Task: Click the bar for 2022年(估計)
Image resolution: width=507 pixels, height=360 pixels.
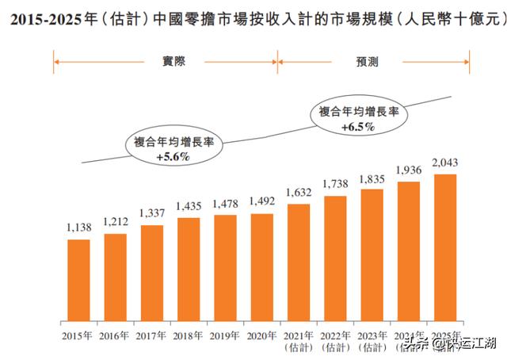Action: pyautogui.click(x=336, y=257)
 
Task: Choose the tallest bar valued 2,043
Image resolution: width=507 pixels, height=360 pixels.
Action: pyautogui.click(x=446, y=246)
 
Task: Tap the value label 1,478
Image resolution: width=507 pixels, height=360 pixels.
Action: pyautogui.click(x=226, y=205)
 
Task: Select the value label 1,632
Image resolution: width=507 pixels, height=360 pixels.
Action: pyautogui.click(x=299, y=193)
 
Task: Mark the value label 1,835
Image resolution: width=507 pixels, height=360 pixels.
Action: pyautogui.click(x=372, y=179)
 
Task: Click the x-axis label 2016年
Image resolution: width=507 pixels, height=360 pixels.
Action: pyautogui.click(x=115, y=334)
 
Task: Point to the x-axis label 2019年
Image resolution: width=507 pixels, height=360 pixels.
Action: pyautogui.click(x=225, y=334)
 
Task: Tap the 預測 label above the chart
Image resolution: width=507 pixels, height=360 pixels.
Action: pyautogui.click(x=373, y=60)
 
